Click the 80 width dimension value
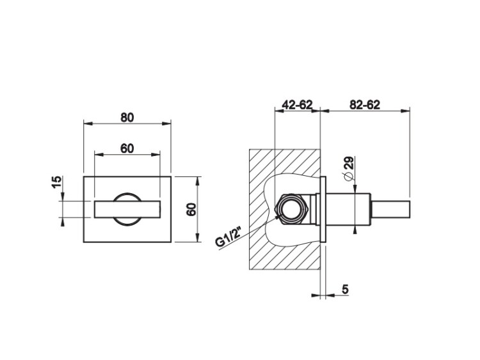(127, 117)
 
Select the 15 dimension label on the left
(57, 184)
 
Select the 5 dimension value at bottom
(345, 290)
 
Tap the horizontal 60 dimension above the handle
(127, 148)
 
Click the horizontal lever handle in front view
(127, 209)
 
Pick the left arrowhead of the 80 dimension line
(86, 125)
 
